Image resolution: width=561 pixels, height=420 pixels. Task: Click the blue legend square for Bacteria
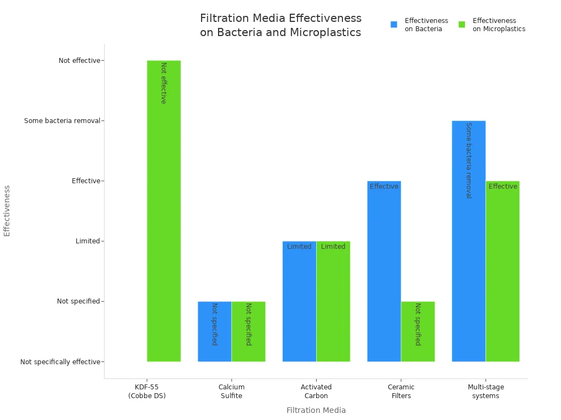[394, 25]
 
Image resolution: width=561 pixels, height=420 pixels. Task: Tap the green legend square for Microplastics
[462, 25]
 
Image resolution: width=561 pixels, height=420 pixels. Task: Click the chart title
[280, 25]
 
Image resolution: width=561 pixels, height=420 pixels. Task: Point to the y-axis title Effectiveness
[7, 211]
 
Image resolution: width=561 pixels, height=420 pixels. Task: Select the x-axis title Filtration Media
[316, 410]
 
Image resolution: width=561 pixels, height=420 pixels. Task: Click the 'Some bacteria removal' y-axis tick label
[62, 121]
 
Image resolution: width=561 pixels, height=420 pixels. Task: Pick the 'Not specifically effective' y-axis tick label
[60, 362]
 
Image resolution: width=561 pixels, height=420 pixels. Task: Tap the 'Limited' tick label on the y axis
[88, 241]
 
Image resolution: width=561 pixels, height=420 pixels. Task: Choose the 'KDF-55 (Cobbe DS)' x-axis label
[147, 392]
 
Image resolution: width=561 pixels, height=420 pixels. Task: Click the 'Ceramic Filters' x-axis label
[401, 392]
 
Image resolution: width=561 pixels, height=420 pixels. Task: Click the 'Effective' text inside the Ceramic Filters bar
[384, 186]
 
